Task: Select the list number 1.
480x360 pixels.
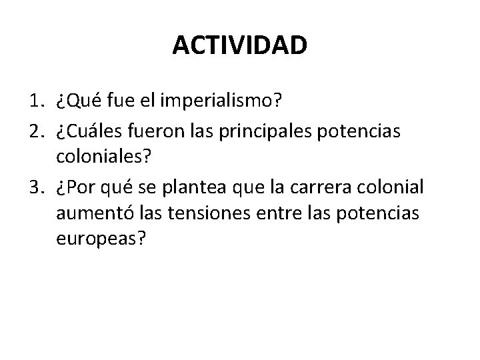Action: pyautogui.click(x=37, y=102)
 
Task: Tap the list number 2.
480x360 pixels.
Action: pyautogui.click(x=37, y=131)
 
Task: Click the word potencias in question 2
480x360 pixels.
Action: pyautogui.click(x=361, y=131)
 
